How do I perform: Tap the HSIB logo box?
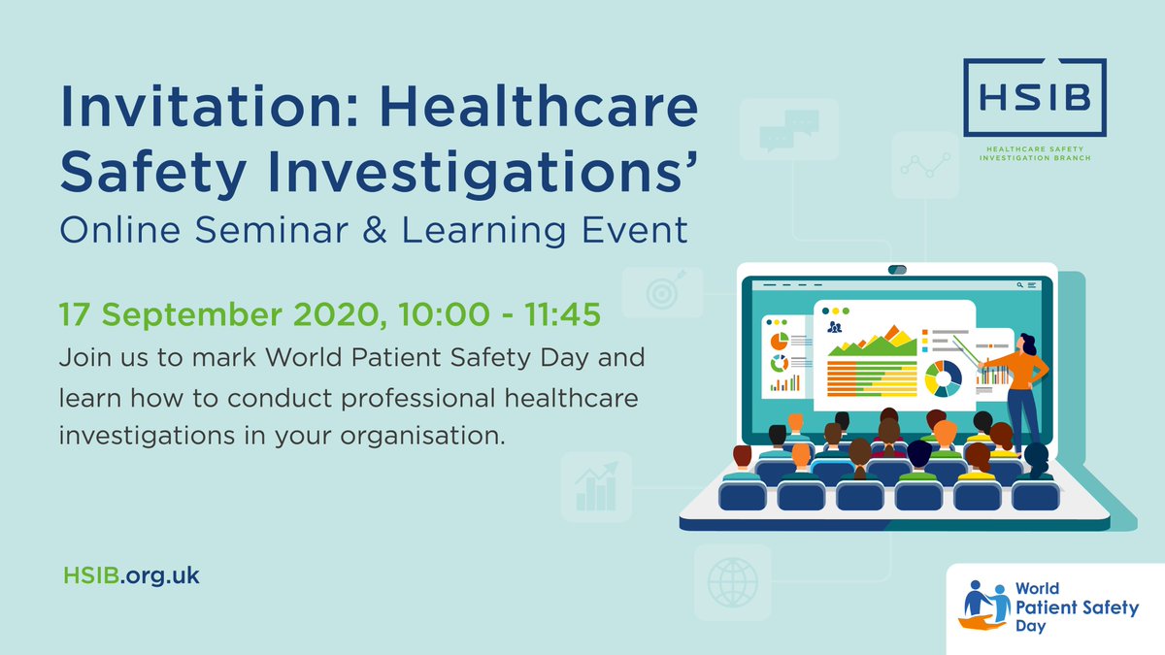(1033, 97)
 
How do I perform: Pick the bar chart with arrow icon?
(597, 487)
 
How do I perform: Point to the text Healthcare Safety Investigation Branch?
(1033, 152)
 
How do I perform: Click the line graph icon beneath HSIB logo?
(923, 168)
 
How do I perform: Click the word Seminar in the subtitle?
(313, 230)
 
